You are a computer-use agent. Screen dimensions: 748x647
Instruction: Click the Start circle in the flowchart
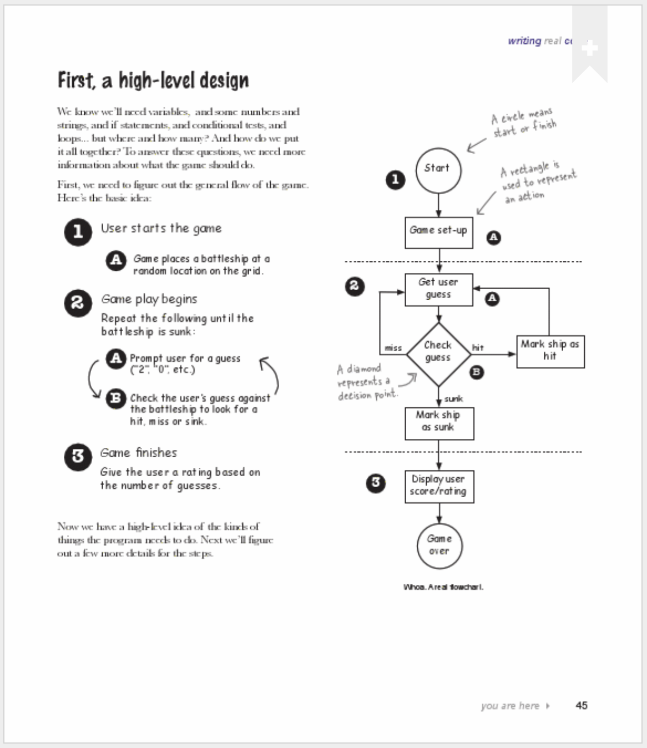(438, 170)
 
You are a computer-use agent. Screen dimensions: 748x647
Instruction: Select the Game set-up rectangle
(438, 232)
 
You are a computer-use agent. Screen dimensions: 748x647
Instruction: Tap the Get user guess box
(438, 289)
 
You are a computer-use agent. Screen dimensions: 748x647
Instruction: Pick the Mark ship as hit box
(550, 351)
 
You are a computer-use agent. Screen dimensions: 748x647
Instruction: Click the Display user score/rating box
(438, 486)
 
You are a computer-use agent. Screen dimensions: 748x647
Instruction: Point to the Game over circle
(439, 545)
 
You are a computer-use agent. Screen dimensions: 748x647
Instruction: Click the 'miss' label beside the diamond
(393, 348)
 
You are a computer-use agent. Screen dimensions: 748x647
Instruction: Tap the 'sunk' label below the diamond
(453, 398)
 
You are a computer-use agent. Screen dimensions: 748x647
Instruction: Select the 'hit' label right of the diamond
(477, 348)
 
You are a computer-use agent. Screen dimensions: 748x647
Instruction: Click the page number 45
(581, 705)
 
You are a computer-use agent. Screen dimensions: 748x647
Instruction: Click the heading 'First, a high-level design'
(153, 81)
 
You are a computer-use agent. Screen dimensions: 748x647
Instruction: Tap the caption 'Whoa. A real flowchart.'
(443, 587)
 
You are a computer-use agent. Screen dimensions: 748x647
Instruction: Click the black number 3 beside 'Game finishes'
(78, 457)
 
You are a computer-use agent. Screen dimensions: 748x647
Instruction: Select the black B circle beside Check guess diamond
(476, 372)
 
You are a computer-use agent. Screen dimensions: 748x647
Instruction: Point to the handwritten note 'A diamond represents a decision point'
(366, 382)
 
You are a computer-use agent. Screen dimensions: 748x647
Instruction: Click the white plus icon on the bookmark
(589, 48)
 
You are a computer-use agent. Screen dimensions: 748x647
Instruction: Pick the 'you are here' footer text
(510, 706)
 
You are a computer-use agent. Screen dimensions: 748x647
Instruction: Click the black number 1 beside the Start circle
(395, 179)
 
